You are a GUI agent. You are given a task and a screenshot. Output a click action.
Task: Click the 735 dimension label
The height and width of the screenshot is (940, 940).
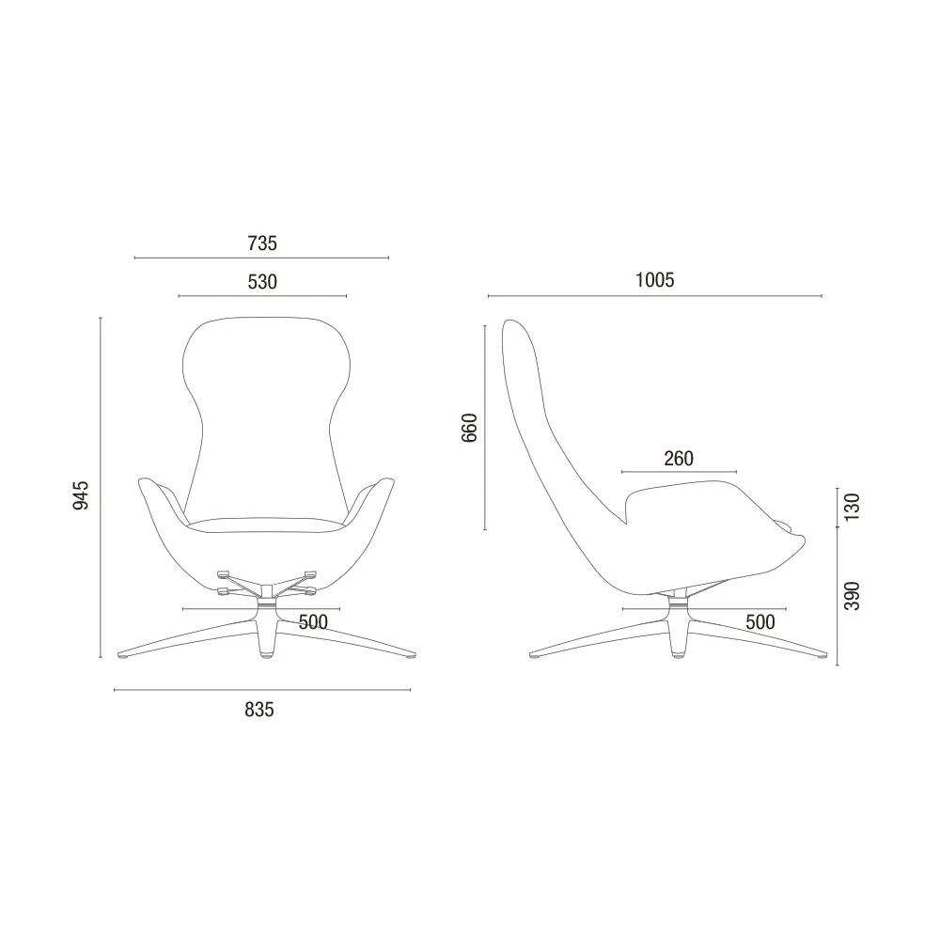click(262, 243)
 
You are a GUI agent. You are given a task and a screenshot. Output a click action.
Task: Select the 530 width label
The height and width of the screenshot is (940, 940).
click(262, 282)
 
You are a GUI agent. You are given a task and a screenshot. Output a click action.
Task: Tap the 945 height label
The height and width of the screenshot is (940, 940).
click(80, 495)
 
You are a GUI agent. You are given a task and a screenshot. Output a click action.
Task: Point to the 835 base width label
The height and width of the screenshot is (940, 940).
click(259, 710)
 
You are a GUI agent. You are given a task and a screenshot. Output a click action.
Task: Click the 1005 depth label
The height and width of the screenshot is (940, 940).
click(654, 280)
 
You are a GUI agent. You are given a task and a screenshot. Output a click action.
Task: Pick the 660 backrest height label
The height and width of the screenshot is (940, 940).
click(469, 428)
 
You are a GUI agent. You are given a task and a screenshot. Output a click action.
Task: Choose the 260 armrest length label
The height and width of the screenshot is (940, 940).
click(679, 459)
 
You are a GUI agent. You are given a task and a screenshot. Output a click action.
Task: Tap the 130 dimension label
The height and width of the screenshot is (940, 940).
click(852, 508)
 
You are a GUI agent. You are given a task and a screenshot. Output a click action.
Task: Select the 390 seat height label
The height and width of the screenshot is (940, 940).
click(852, 596)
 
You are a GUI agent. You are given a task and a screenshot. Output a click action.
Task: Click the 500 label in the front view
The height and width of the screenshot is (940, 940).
click(313, 622)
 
